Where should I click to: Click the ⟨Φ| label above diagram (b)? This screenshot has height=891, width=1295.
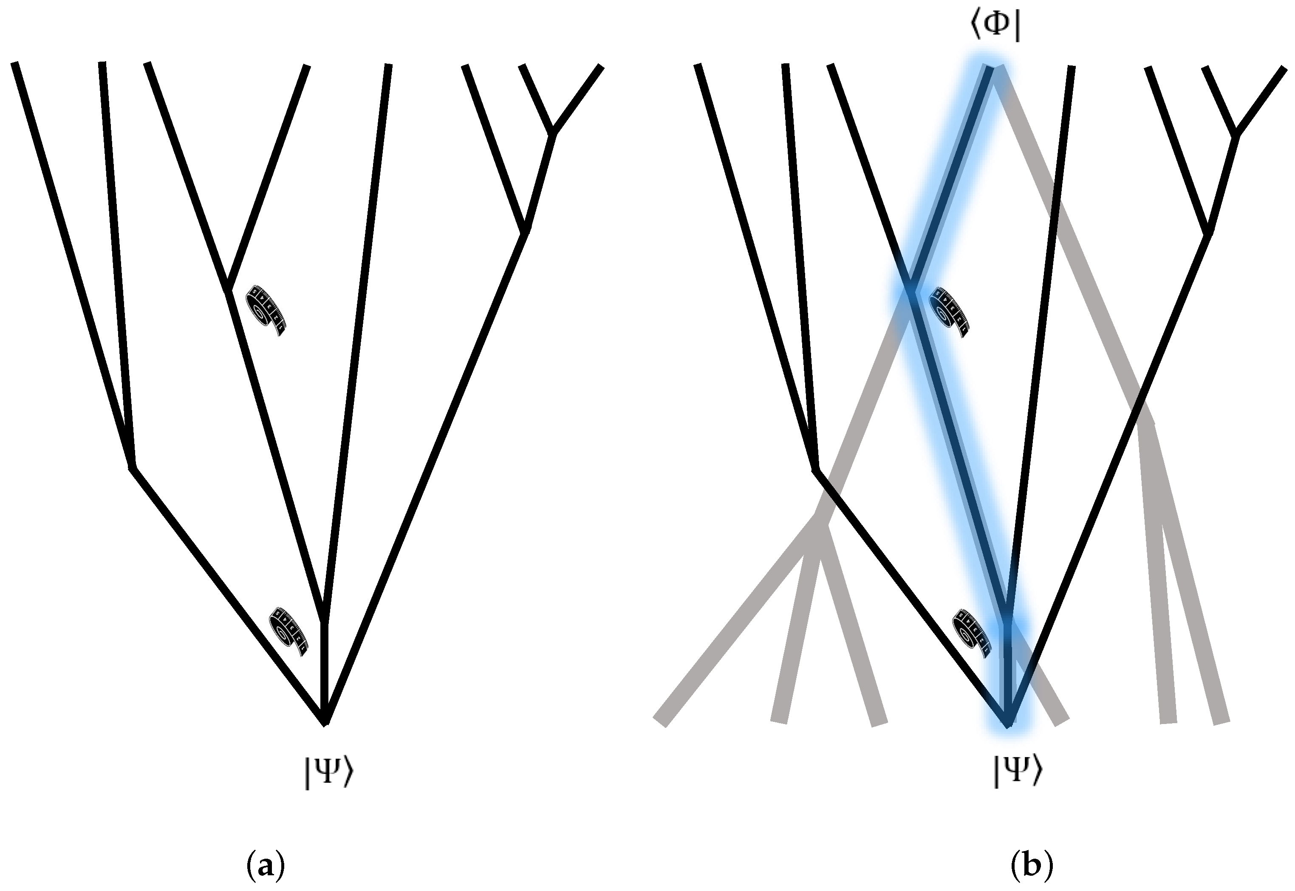(x=995, y=28)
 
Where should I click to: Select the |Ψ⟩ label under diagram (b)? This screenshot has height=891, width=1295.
(x=1017, y=770)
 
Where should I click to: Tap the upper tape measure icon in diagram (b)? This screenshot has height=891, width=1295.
(x=948, y=311)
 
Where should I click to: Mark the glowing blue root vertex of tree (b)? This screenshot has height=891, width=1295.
(x=1008, y=724)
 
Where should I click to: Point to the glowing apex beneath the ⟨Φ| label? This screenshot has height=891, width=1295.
(x=994, y=69)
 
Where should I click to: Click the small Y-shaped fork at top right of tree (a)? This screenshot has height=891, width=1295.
(x=553, y=132)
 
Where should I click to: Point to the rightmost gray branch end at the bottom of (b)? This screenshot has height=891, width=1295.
(x=1221, y=721)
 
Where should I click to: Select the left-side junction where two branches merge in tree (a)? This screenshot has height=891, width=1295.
(x=132, y=466)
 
